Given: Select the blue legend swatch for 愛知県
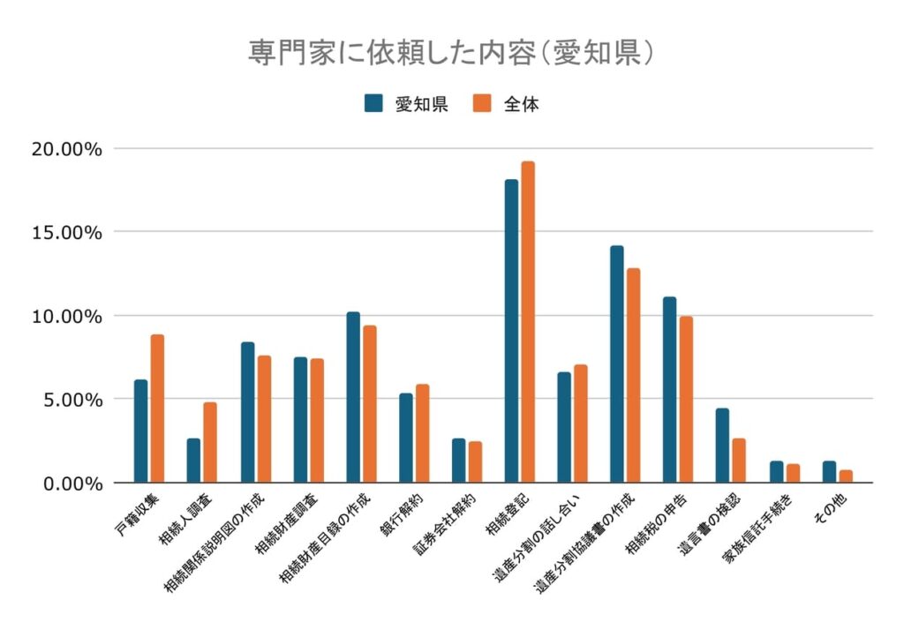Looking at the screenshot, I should pos(373,103).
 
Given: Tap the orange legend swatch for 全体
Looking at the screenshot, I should pos(481,103).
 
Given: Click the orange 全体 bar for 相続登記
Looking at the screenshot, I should pos(528,322).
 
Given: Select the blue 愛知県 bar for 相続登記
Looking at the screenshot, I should pos(511,331).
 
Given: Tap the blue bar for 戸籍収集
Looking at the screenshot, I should pos(141,431).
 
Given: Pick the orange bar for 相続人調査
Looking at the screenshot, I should pos(210,443).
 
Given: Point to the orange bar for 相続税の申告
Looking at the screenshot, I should pos(687,400).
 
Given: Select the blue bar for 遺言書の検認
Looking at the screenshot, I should pos(722,446).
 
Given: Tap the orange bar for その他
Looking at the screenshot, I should pos(846,476).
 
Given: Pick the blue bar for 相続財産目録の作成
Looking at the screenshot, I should pos(353,397).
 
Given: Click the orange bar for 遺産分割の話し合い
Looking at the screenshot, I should pos(581,423).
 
